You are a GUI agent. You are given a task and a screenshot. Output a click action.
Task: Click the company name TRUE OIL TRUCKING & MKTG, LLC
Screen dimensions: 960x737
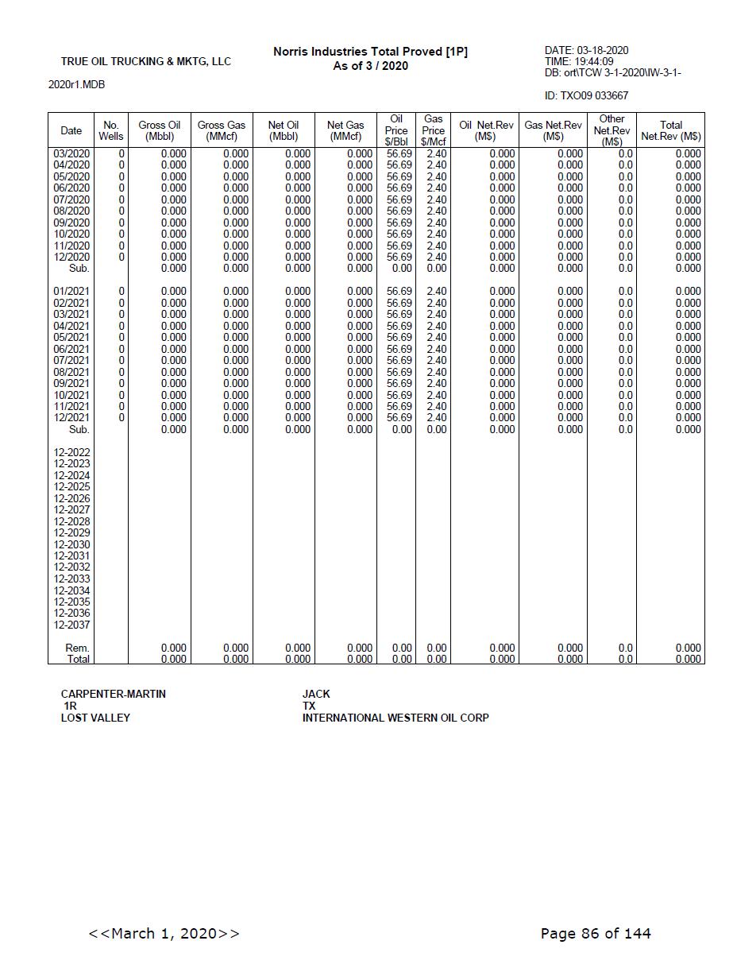click(x=145, y=61)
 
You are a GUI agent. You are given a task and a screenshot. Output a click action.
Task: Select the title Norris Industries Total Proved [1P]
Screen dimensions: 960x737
click(x=370, y=52)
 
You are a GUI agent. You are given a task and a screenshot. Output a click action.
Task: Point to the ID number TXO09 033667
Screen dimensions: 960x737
click(x=586, y=95)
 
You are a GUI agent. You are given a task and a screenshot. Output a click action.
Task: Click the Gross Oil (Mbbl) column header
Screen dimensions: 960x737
click(x=159, y=130)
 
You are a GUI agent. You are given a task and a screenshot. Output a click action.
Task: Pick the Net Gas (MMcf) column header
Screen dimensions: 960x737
click(x=345, y=130)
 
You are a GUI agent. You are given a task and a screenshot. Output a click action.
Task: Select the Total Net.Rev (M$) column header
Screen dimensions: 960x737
click(x=670, y=130)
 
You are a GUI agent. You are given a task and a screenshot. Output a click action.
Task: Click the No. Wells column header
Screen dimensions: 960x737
click(x=111, y=130)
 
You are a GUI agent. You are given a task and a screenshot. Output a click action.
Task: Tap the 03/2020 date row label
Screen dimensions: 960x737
click(x=71, y=153)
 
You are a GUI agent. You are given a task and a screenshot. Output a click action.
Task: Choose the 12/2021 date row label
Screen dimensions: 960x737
click(x=71, y=417)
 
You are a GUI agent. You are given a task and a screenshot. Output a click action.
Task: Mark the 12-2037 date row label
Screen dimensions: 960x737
click(x=71, y=625)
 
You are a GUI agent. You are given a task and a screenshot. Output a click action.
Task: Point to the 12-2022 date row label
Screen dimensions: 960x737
click(x=71, y=452)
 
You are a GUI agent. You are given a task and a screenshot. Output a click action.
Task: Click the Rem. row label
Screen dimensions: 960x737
click(x=77, y=648)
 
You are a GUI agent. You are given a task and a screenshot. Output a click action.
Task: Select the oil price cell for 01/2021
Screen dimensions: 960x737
click(x=399, y=292)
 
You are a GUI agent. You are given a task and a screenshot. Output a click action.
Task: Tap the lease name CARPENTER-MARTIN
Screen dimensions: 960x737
click(x=114, y=694)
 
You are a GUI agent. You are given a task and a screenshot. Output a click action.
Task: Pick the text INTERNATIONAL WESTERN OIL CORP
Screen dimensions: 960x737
click(x=396, y=718)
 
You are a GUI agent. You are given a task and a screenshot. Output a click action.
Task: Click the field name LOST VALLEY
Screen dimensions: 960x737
click(x=95, y=718)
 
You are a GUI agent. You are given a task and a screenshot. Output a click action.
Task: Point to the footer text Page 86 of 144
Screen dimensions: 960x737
click(x=595, y=933)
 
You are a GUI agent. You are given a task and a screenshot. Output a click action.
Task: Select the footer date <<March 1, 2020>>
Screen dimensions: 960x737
click(x=164, y=933)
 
